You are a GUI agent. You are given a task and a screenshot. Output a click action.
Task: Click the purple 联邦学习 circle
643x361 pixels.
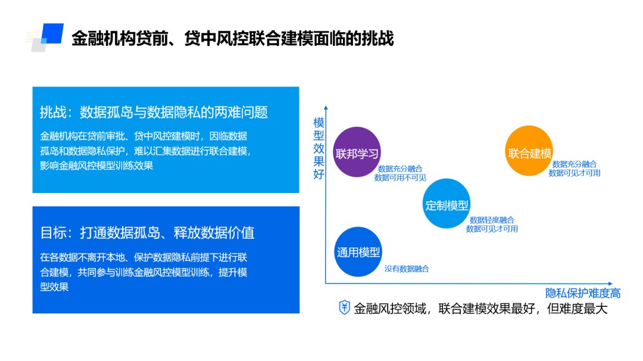click(357, 153)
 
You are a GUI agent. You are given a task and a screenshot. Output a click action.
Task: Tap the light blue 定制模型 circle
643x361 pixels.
click(447, 204)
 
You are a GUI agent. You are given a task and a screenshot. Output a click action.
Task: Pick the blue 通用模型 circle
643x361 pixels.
click(358, 251)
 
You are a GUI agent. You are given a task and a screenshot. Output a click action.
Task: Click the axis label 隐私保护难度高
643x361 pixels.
click(583, 293)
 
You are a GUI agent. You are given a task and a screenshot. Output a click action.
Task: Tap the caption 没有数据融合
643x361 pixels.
click(407, 269)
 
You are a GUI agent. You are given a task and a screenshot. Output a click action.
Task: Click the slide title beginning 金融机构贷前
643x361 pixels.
click(232, 39)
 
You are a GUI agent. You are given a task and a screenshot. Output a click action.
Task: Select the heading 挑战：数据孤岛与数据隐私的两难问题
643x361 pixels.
click(154, 112)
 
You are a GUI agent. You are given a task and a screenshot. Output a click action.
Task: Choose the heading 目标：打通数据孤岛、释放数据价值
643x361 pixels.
click(147, 232)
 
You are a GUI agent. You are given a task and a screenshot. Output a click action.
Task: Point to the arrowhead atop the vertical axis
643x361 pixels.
click(326, 108)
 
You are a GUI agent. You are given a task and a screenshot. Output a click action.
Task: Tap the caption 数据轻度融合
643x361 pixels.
click(492, 220)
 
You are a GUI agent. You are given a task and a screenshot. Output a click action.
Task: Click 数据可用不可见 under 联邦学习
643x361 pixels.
click(400, 178)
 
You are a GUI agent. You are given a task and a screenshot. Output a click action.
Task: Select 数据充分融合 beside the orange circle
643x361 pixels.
click(575, 164)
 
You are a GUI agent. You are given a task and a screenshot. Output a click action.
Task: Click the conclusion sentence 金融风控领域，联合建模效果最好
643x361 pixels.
click(480, 309)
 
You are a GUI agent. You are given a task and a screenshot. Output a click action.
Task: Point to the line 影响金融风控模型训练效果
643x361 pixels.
click(96, 166)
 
